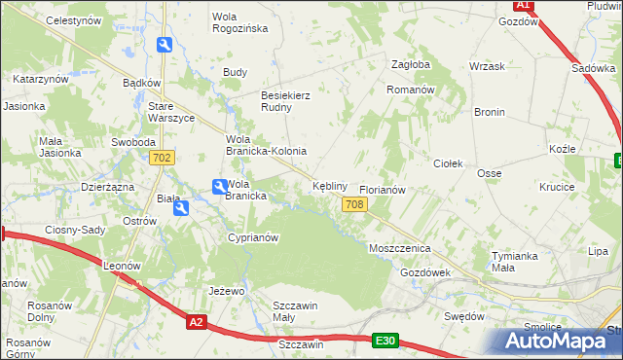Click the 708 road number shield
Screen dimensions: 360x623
coord(354,203)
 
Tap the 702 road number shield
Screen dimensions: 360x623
coord(163,158)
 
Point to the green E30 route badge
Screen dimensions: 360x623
coord(385,340)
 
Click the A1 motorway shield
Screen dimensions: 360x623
coord(523,5)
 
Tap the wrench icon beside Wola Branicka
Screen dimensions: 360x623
coord(220,185)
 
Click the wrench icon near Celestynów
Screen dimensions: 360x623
coord(165,45)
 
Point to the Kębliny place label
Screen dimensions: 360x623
coord(329,185)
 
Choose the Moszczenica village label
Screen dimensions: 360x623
coord(399,248)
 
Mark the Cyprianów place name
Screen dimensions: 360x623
coord(253,237)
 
